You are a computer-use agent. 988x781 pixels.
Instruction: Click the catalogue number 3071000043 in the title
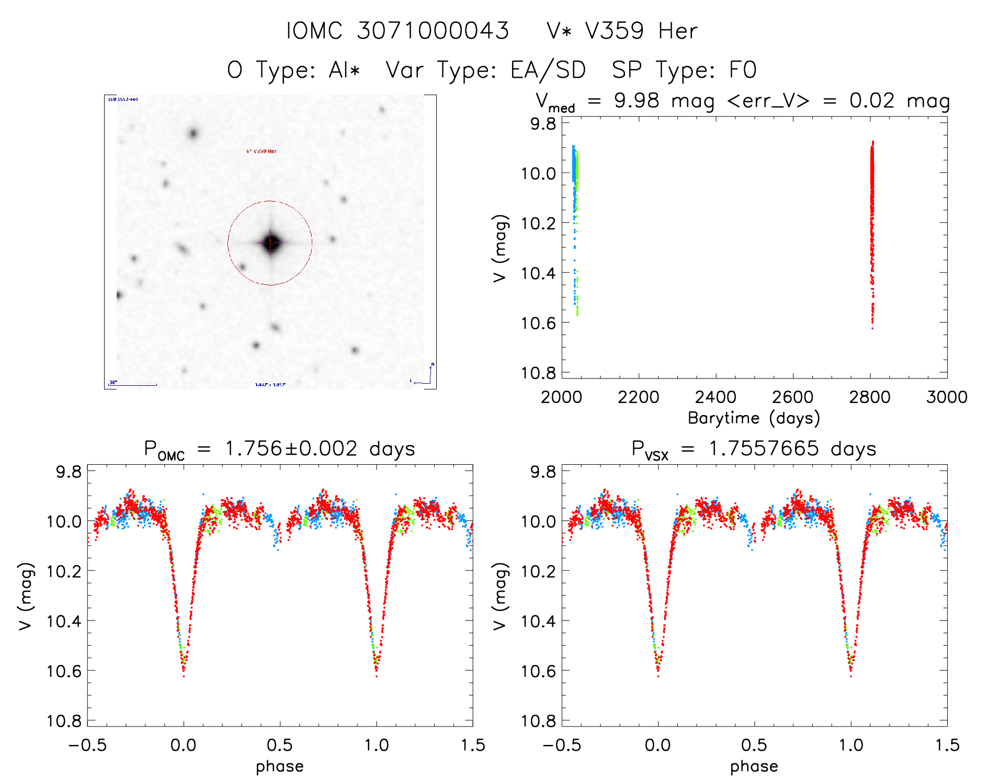point(433,31)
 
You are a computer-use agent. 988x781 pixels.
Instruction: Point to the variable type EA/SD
point(548,70)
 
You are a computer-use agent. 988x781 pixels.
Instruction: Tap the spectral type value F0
point(743,70)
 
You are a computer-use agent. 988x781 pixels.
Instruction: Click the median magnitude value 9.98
point(637,100)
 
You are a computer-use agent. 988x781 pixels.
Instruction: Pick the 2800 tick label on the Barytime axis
point(870,397)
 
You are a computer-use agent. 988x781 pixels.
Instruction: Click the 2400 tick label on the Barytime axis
point(716,397)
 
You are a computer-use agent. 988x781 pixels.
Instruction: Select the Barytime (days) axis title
point(754,418)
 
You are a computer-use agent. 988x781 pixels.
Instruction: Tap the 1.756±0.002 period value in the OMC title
point(291,449)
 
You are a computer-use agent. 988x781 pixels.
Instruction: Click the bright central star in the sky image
point(270,242)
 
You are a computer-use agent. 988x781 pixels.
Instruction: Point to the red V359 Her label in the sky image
point(262,151)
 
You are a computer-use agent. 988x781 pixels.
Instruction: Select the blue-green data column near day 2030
point(575,209)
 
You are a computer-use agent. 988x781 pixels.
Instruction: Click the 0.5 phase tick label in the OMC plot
point(280,745)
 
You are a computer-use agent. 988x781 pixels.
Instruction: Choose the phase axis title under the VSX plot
point(754,766)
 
